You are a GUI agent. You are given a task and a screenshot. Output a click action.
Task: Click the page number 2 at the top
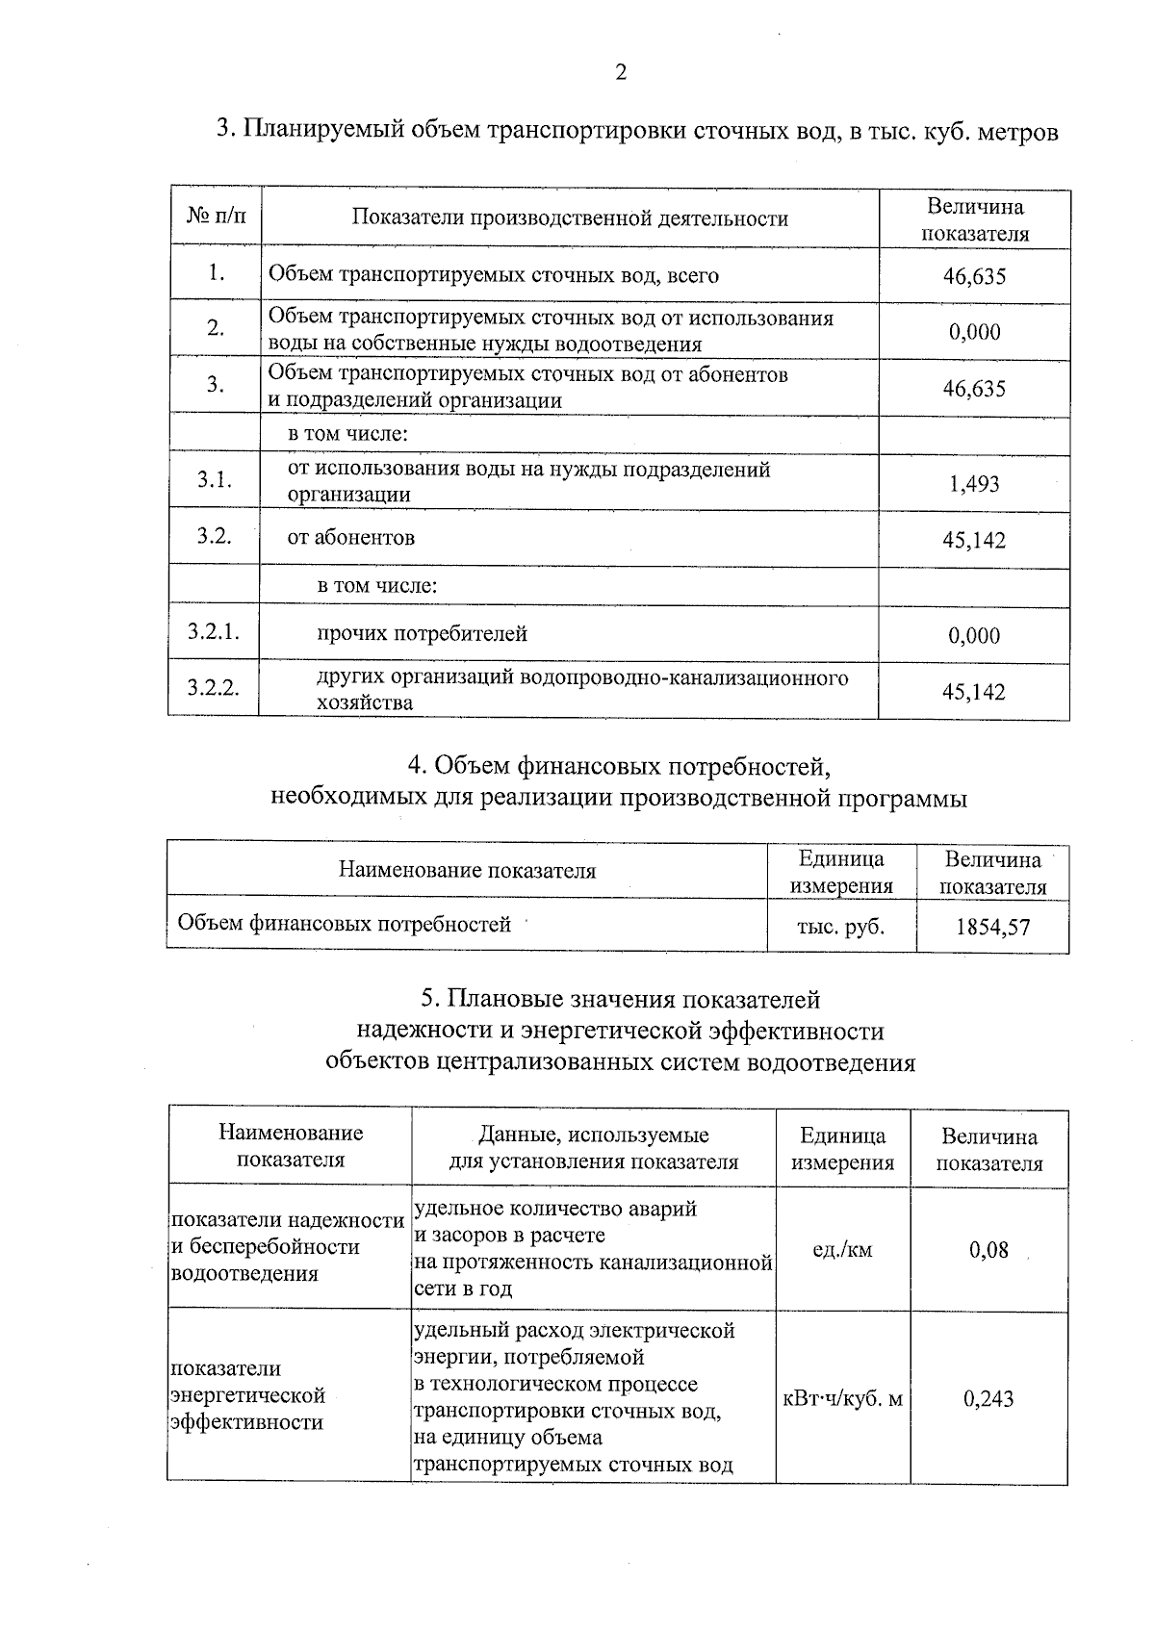tap(621, 73)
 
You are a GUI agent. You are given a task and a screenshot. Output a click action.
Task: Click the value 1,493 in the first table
tap(974, 484)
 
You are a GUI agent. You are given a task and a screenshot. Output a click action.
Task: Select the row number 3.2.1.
tap(213, 632)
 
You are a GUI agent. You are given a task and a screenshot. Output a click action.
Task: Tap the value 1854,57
tap(992, 928)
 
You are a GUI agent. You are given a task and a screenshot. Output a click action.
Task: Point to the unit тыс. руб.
tap(841, 927)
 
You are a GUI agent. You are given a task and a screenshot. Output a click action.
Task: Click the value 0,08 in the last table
tap(988, 1250)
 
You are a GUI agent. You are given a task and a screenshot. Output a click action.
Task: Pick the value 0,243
tap(988, 1398)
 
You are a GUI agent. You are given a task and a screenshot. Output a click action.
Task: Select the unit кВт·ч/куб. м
tap(843, 1398)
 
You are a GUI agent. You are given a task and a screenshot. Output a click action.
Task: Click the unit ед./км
tap(842, 1250)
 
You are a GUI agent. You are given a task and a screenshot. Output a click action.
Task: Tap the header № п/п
tap(216, 217)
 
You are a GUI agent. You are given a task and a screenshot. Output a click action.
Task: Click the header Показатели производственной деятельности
tap(570, 218)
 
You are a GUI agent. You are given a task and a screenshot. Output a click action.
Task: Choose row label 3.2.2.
tap(213, 688)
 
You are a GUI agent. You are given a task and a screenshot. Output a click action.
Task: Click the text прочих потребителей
tap(423, 633)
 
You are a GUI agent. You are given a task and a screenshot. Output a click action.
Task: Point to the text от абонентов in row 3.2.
tap(350, 537)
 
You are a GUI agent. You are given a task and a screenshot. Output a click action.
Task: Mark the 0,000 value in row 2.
tap(974, 332)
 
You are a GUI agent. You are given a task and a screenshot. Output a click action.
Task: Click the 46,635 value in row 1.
tap(974, 277)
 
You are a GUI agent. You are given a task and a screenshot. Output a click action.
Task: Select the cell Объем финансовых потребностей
tap(344, 925)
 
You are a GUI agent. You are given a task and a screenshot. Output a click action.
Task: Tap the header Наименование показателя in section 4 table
tap(467, 871)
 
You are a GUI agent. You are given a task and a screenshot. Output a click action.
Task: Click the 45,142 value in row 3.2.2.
tap(974, 692)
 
